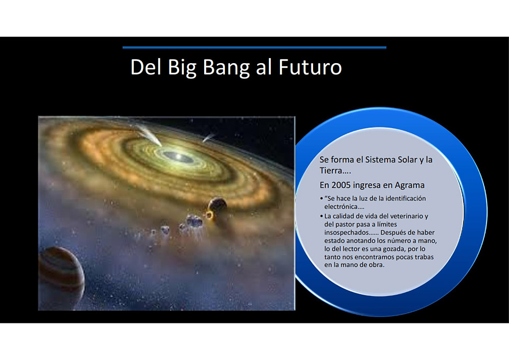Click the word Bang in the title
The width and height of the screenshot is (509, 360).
tap(226, 67)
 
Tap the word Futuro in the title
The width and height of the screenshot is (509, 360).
tap(310, 67)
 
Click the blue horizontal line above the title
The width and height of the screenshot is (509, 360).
tap(254, 47)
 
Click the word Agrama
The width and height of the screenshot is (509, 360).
tap(409, 185)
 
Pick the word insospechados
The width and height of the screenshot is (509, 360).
tap(346, 233)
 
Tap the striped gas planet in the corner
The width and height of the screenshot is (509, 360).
tap(61, 278)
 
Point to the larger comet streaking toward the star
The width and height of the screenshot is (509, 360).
tap(149, 135)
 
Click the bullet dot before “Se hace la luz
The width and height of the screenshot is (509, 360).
tap(321, 199)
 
